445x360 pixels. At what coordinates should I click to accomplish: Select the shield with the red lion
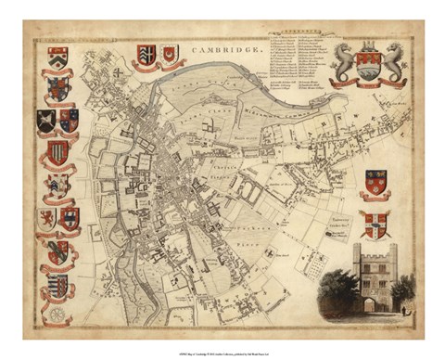[x=45, y=218]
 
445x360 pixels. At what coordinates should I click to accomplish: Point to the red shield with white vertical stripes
[x=57, y=152]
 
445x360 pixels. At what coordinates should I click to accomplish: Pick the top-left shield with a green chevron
[x=57, y=57]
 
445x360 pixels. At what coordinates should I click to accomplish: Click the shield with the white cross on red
[x=375, y=224]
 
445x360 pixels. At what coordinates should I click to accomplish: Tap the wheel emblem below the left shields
[x=57, y=313]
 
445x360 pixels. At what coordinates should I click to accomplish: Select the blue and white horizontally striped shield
[x=57, y=286]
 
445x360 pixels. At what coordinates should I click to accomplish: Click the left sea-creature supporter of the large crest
[x=343, y=62]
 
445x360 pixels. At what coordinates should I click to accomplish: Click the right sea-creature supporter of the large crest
[x=396, y=62]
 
